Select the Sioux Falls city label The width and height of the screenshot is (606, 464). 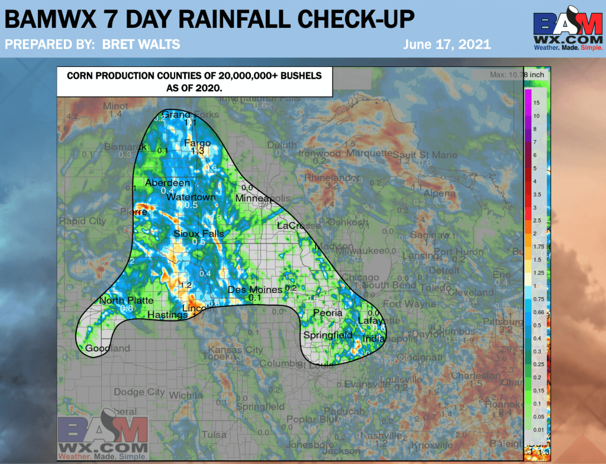point(199,234)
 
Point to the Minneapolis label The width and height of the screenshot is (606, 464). point(263,198)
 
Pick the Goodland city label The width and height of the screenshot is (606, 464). point(108,349)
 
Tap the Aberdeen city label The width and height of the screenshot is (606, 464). point(167,182)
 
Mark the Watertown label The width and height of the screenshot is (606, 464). point(191,196)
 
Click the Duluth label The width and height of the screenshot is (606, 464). point(282,144)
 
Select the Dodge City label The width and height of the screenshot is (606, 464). point(139,392)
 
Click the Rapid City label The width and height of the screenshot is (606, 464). point(82,221)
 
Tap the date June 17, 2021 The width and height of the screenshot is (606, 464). point(447,44)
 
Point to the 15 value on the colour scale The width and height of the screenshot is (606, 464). point(536,102)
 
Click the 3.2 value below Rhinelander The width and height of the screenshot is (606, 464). point(332,186)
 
